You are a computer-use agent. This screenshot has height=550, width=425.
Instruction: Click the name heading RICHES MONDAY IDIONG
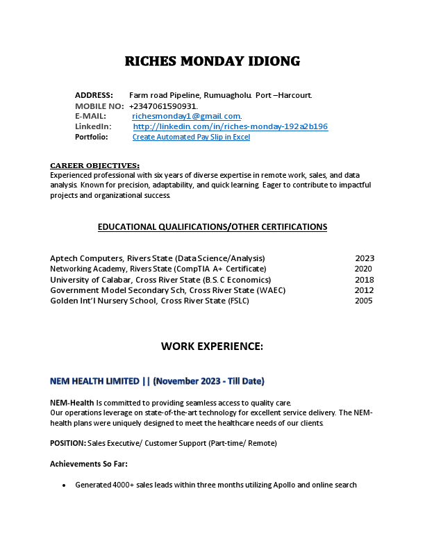(212, 61)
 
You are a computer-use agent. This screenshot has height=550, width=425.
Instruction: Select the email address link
(186, 116)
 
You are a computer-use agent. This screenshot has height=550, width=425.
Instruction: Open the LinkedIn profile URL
(230, 126)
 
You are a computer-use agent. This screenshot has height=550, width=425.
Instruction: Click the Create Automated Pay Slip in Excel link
(191, 137)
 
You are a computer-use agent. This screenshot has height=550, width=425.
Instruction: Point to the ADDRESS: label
(94, 94)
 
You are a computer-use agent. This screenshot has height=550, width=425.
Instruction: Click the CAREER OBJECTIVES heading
(94, 165)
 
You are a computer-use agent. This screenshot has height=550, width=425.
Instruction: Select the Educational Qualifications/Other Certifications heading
(212, 227)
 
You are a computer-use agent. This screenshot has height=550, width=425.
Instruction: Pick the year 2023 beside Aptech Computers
(365, 258)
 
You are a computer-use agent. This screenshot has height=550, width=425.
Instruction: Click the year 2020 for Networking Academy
(363, 269)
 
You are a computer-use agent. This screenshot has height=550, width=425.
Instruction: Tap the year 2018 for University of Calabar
(364, 280)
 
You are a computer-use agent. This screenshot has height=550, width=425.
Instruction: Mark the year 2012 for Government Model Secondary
(364, 290)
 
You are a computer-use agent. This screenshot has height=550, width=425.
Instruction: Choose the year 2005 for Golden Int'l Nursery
(363, 301)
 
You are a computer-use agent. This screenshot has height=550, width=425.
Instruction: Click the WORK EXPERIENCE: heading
(212, 346)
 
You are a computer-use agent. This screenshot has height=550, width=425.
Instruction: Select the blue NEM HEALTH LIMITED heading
(157, 381)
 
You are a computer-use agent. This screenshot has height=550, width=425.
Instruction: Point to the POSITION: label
(68, 443)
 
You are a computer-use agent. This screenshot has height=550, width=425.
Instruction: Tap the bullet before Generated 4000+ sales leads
(64, 485)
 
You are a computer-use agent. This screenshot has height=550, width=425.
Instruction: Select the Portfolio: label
(91, 137)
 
